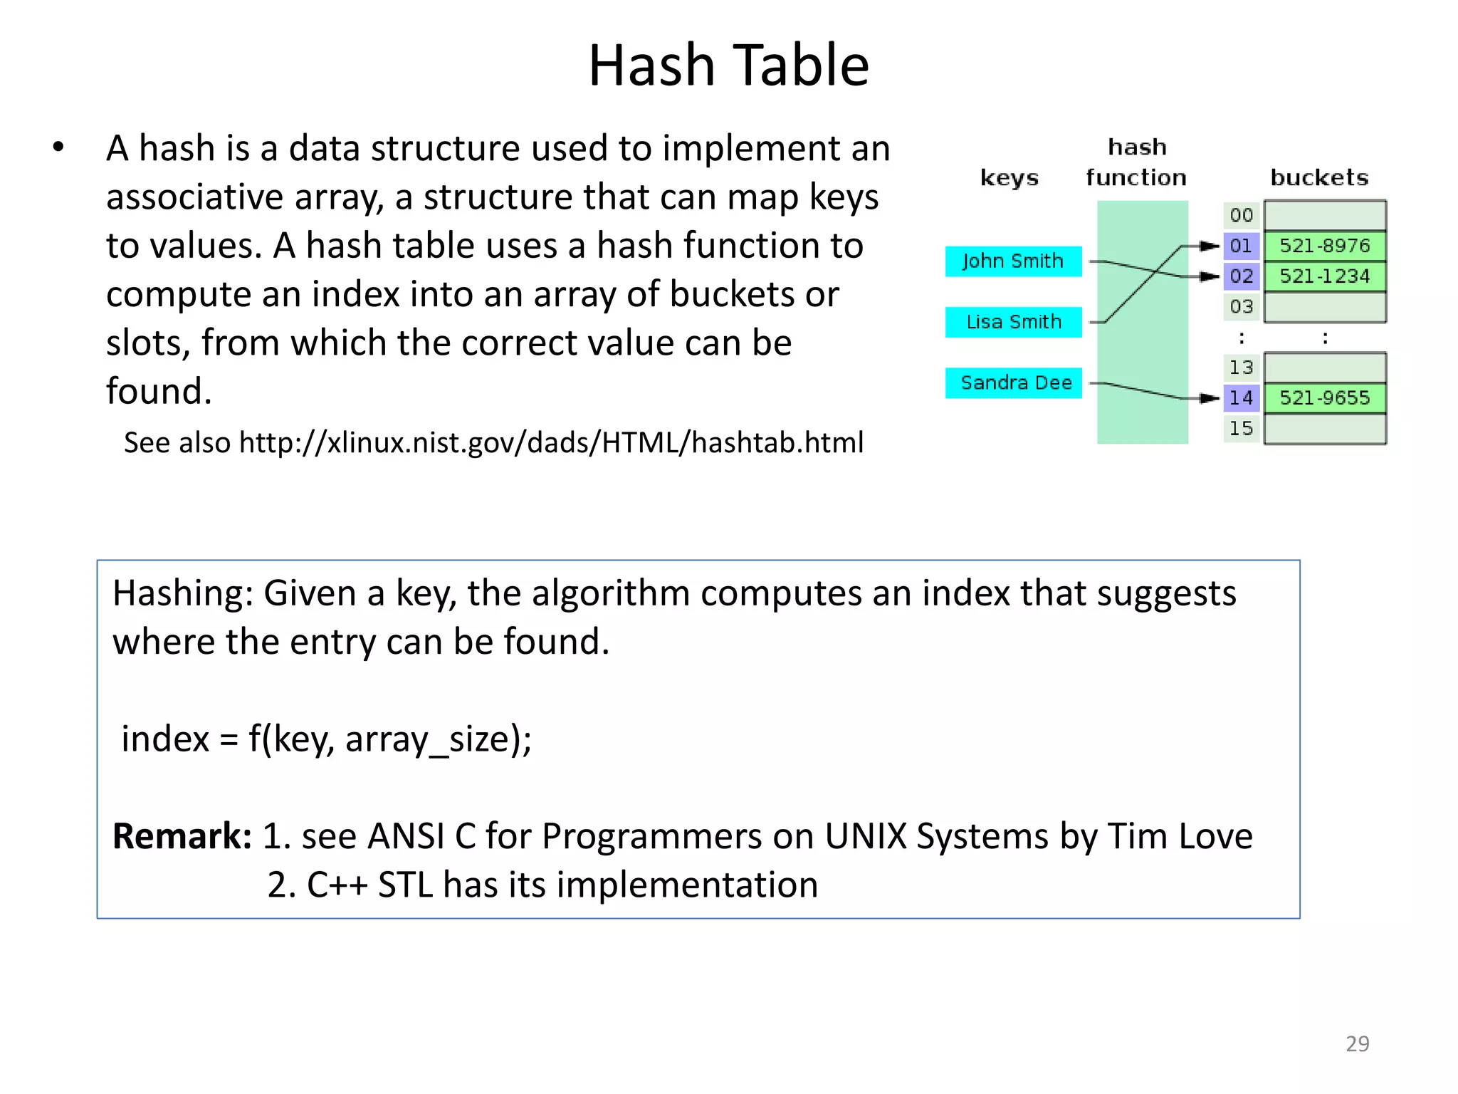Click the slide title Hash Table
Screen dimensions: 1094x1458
[728, 66]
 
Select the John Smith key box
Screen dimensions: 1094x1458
[1012, 261]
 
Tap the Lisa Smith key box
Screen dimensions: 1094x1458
[1012, 322]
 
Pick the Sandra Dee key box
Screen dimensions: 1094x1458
[1015, 383]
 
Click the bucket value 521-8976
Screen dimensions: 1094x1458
[1324, 246]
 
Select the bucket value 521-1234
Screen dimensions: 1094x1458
[1324, 276]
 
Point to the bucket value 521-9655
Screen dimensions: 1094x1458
[1324, 397]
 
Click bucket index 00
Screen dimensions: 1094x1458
[1241, 215]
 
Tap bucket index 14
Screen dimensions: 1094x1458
[1241, 397]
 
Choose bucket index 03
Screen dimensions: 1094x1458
[1241, 307]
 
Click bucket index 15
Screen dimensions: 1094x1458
[1241, 428]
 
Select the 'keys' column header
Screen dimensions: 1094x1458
[1009, 178]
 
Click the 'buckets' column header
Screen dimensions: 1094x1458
[1319, 177]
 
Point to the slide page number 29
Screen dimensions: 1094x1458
[1357, 1043]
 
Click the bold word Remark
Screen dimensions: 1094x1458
[182, 836]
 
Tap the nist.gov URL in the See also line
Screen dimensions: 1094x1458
[551, 443]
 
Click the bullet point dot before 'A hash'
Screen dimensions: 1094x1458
[58, 148]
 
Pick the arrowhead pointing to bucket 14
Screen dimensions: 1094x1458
[1209, 398]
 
